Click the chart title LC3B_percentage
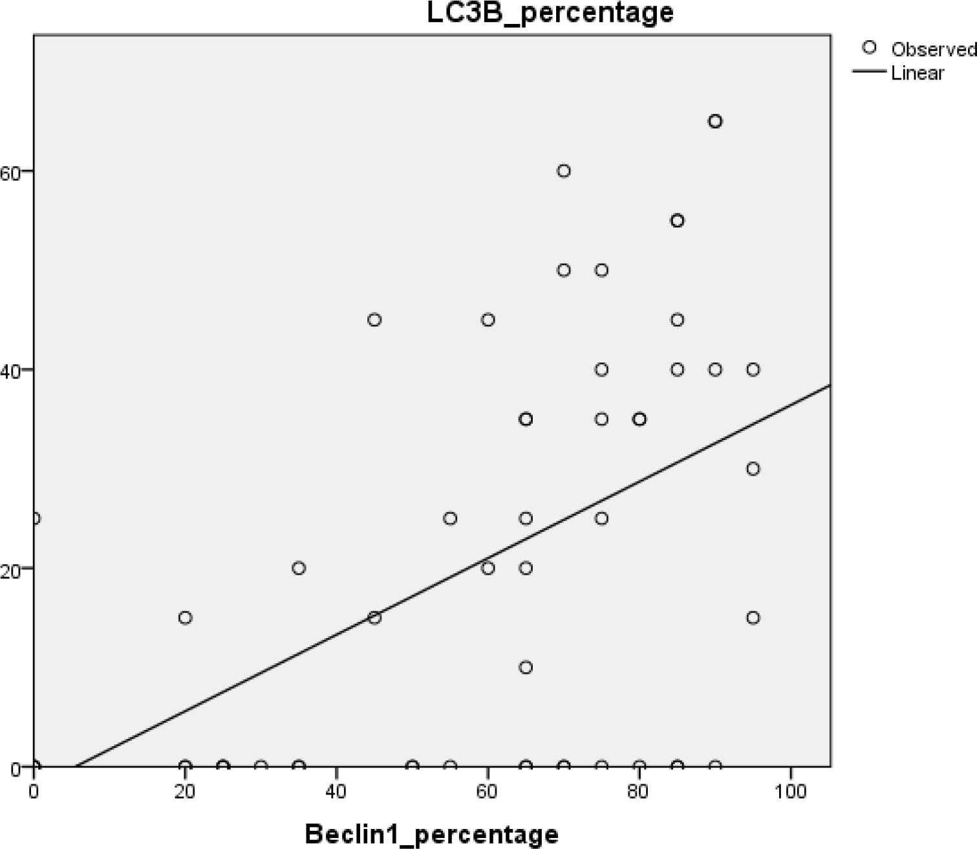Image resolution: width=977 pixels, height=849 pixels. point(550,13)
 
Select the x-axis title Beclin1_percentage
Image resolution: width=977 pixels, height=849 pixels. point(431,833)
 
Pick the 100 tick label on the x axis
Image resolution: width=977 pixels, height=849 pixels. point(790,791)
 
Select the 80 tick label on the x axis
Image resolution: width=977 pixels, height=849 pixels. point(639,791)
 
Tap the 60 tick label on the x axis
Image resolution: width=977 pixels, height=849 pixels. point(488,791)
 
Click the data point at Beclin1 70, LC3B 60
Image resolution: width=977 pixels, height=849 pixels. point(564,171)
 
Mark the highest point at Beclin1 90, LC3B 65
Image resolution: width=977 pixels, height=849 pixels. point(715,121)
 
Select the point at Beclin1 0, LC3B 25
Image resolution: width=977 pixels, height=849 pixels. point(35,518)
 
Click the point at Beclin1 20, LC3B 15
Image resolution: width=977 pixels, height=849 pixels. point(186,617)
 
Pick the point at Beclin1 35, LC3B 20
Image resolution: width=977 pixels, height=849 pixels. point(299,568)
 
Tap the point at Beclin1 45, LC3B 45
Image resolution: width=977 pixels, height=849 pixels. point(374,320)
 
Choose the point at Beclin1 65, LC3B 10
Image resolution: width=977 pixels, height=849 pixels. point(526,667)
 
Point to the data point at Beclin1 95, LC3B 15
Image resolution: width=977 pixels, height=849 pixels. point(753,617)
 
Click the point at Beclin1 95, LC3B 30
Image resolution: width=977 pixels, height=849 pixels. point(753,469)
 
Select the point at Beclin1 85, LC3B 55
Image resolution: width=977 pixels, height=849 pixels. point(677,221)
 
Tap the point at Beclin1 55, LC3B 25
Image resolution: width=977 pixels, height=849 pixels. point(450,518)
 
